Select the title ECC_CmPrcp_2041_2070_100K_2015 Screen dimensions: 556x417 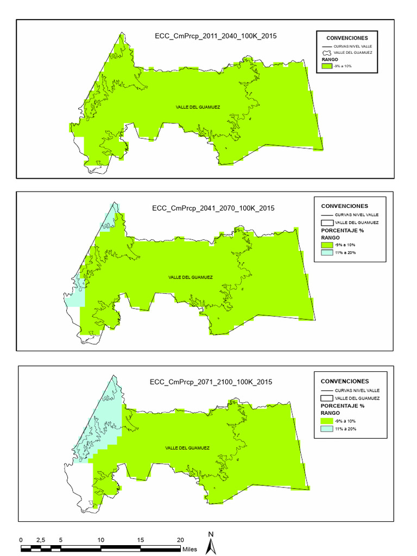click(213, 208)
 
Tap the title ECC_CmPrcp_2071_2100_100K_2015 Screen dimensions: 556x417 click(211, 382)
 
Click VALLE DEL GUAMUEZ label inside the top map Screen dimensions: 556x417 click(198, 107)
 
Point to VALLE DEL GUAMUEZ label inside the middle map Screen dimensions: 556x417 click(191, 277)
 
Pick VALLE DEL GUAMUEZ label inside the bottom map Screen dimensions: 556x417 click(187, 448)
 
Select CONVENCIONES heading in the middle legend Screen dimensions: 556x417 click(344, 206)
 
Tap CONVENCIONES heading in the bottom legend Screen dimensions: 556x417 click(345, 381)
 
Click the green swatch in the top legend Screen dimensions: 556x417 click(326, 66)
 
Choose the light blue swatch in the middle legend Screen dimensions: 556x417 click(327, 252)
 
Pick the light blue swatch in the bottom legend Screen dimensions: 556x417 click(327, 429)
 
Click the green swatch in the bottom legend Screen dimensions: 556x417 click(327, 421)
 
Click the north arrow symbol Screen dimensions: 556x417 click(211, 544)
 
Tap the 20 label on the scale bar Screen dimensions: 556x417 click(181, 540)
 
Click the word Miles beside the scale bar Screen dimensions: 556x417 click(189, 549)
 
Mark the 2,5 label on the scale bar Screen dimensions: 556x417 click(40, 540)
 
